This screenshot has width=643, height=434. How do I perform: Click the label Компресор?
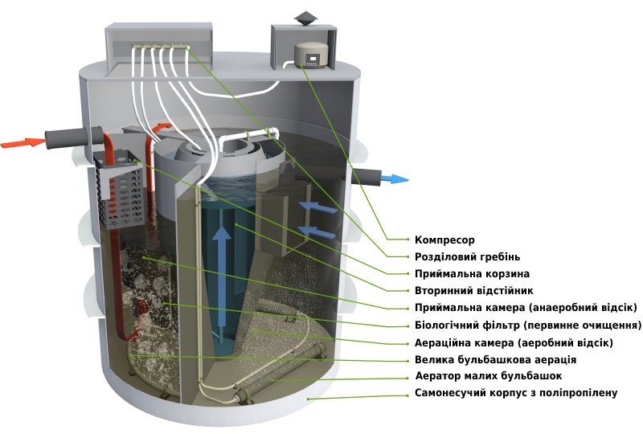click(x=444, y=240)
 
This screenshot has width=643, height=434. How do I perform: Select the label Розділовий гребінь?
click(x=467, y=257)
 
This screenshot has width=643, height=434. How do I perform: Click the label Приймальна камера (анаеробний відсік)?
click(x=526, y=308)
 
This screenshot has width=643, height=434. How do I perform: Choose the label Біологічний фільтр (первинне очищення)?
click(x=527, y=325)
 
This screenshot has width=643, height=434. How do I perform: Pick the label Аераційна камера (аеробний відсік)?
click(x=514, y=342)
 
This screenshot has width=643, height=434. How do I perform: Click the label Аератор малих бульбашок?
click(x=488, y=376)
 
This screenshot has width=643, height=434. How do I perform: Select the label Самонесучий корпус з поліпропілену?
click(x=515, y=393)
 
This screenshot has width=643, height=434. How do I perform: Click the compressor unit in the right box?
click(x=310, y=53)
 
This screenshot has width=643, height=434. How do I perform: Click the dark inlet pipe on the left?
click(x=69, y=138)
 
